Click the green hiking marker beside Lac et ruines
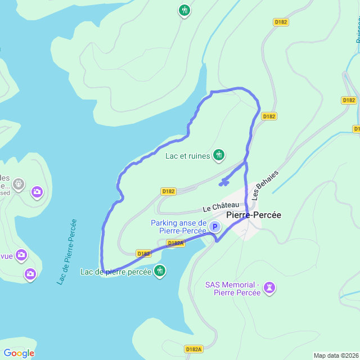pos(219,155)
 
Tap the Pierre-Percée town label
pos(253,215)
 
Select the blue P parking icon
pos(214,227)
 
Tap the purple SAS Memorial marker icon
pos(270,288)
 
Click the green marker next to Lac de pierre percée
pos(160,271)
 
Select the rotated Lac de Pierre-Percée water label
pos(67,251)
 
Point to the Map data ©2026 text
pos(336,355)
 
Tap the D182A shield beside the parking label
pos(175,243)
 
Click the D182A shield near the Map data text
pos(193,349)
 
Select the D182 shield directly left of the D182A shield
pos(143,254)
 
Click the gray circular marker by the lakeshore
pos(19,183)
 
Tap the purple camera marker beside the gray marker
pos(37,192)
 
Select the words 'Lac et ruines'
pos(187,155)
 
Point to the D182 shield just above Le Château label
pos(168,191)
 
